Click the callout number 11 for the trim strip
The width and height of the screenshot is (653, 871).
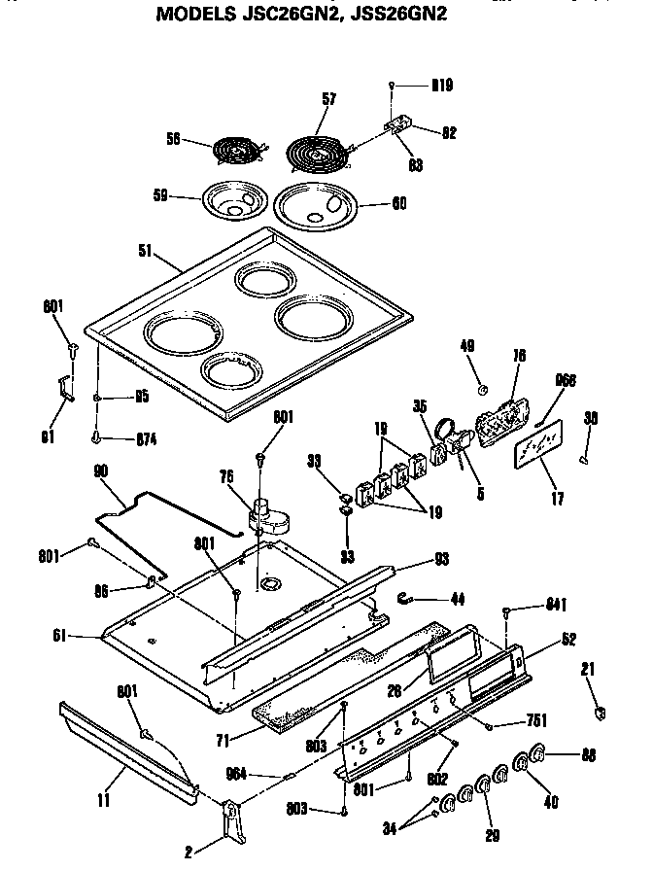click(x=103, y=801)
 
